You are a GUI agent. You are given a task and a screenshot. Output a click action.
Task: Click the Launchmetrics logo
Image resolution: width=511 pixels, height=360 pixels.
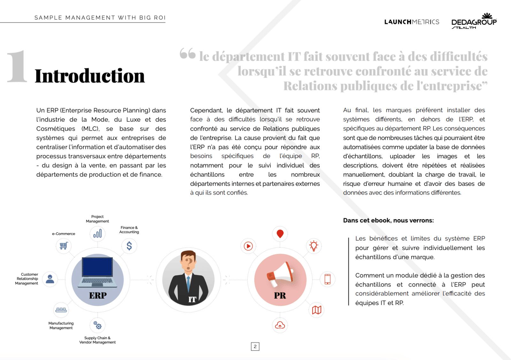click(412, 22)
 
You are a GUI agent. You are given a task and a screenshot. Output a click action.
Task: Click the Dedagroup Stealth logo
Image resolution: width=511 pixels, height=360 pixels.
click(474, 21)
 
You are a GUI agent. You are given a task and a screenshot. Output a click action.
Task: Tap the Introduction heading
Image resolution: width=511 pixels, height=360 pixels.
click(90, 76)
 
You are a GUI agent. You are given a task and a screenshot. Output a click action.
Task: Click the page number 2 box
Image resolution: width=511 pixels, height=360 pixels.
click(255, 347)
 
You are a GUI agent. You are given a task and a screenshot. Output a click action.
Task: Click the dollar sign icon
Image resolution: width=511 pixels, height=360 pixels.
click(129, 246)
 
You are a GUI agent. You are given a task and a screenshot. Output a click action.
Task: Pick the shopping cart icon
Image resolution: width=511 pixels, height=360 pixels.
click(64, 246)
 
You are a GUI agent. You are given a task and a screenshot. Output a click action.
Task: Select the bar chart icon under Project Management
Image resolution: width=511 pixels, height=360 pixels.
click(97, 234)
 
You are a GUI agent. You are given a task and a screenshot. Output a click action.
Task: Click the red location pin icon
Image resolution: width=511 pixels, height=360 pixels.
click(280, 234)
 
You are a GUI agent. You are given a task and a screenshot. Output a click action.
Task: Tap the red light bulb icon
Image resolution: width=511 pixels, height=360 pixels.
click(314, 246)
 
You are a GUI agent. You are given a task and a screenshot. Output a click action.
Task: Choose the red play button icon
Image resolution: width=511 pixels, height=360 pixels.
click(248, 246)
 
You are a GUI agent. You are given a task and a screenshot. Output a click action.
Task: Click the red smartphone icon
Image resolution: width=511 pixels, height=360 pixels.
click(327, 279)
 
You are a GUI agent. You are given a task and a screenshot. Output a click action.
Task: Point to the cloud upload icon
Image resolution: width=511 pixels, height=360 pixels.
click(280, 325)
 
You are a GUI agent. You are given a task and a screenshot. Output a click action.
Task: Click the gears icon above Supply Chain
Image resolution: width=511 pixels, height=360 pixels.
click(97, 325)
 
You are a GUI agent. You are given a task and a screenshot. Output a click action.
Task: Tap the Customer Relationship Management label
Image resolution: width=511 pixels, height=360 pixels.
click(27, 279)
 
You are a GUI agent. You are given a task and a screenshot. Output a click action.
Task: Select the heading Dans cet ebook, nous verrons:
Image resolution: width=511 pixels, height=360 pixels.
click(388, 220)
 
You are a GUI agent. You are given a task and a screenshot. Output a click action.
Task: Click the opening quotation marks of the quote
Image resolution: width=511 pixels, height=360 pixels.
click(187, 54)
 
